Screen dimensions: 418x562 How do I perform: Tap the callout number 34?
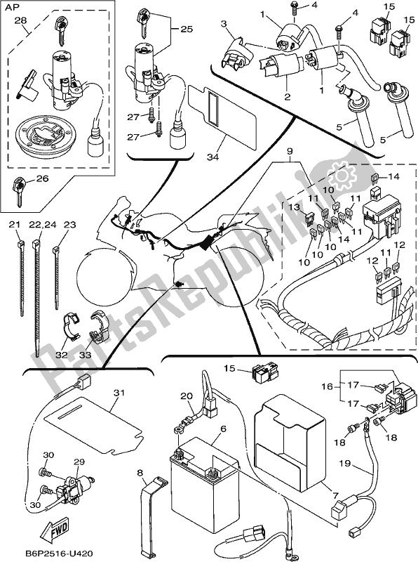coord(213,156)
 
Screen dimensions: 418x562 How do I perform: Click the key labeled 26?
coord(19,191)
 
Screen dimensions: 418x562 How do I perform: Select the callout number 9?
coord(290,151)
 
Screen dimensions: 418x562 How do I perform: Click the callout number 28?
coord(20,20)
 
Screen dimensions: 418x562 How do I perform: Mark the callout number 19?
coord(344,463)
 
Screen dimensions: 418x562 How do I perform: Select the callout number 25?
coord(187,29)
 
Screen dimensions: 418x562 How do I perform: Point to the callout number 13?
coord(293,207)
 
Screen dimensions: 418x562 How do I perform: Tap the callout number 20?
coord(187,396)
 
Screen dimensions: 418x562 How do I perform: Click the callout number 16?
coord(327,386)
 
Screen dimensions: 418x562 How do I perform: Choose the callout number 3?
coord(224,24)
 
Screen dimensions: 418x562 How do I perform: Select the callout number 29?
coord(79,462)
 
